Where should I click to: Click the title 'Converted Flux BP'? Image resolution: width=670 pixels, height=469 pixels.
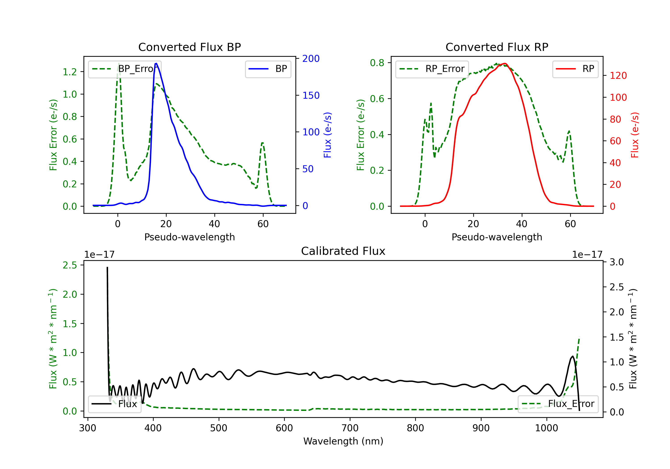pos(189,47)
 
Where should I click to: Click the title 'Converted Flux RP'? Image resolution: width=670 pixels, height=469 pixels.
pos(497,47)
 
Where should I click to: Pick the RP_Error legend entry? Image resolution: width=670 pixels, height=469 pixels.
pos(432,69)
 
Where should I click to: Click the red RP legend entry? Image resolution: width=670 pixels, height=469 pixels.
pos(575,69)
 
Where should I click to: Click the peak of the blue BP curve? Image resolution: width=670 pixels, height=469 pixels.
pos(156,63)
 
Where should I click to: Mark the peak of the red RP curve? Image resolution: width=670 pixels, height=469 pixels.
pos(505,63)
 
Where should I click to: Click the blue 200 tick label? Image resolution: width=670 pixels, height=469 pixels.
pos(311,59)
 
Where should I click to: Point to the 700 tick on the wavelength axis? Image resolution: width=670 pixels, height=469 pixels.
pos(350,428)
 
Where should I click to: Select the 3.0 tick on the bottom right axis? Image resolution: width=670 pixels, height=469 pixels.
pos(617,262)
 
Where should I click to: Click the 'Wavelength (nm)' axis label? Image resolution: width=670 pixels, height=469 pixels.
pos(343,441)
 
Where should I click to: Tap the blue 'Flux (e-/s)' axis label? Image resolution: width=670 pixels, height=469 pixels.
pos(327,135)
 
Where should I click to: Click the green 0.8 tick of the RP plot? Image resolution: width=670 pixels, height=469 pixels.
pos(377,63)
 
